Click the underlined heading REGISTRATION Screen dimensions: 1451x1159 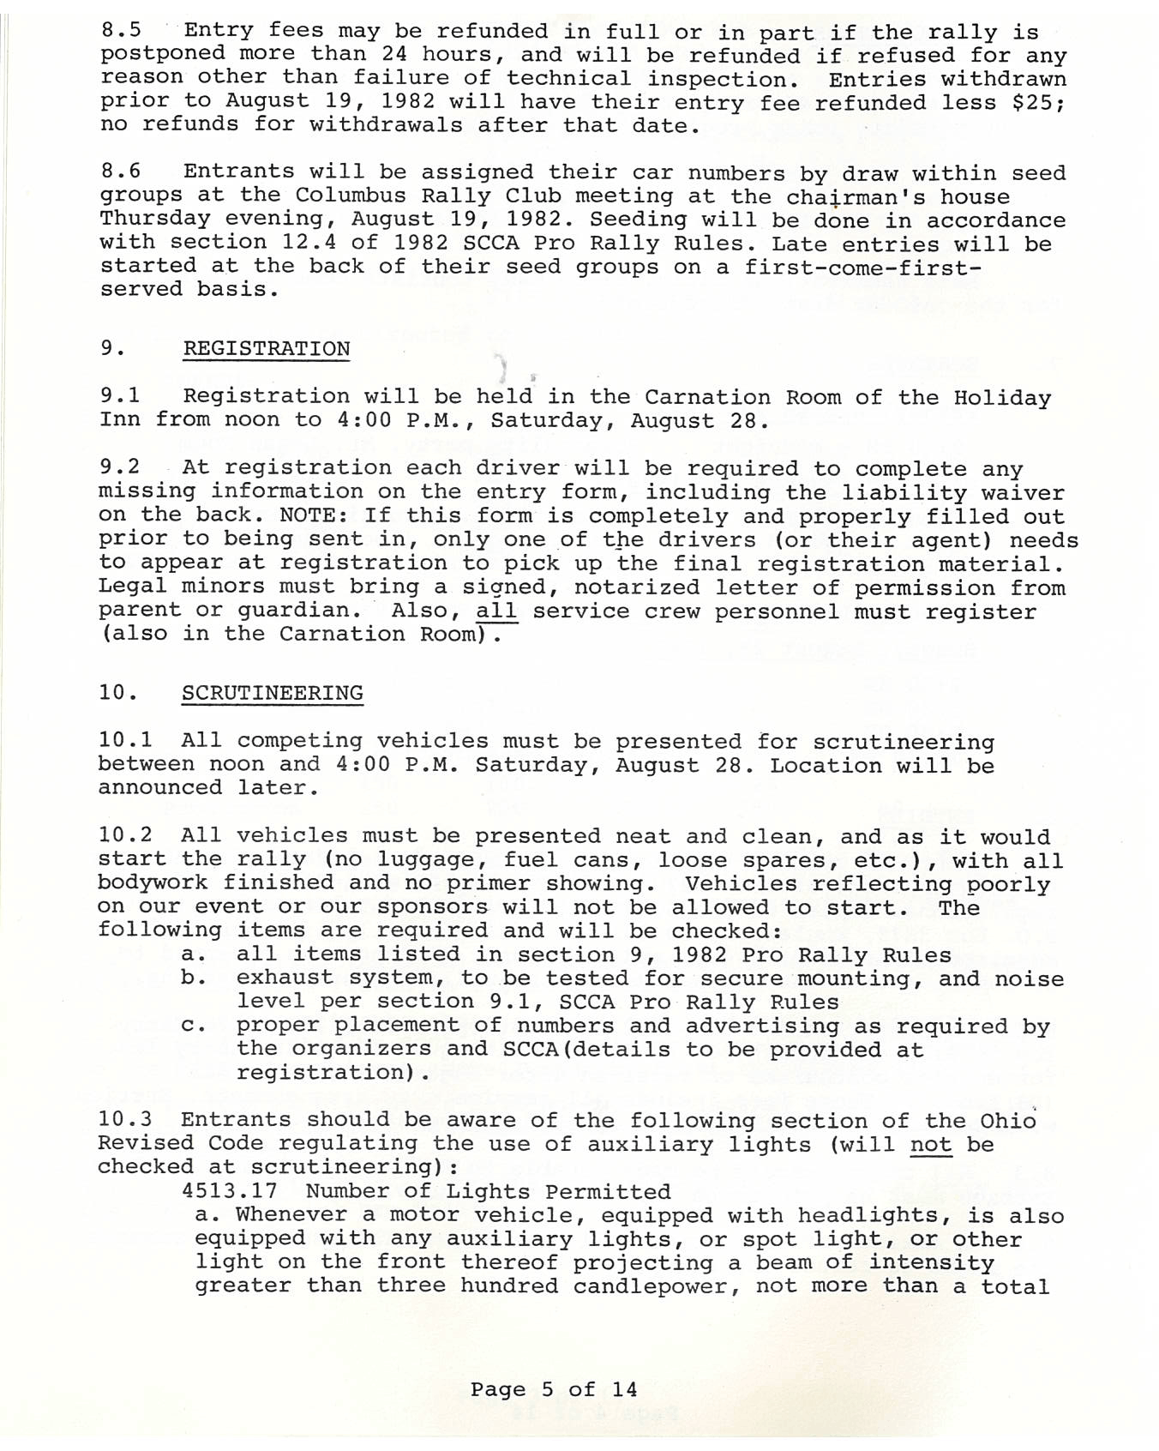[x=267, y=349]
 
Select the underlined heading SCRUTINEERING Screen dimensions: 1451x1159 [x=272, y=693]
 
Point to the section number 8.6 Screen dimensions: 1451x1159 [x=121, y=172]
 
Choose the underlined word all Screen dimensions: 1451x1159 [x=496, y=611]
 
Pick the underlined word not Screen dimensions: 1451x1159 [x=931, y=1144]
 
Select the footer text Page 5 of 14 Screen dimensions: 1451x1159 [x=554, y=1389]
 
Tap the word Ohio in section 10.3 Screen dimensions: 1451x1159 [x=1008, y=1121]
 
